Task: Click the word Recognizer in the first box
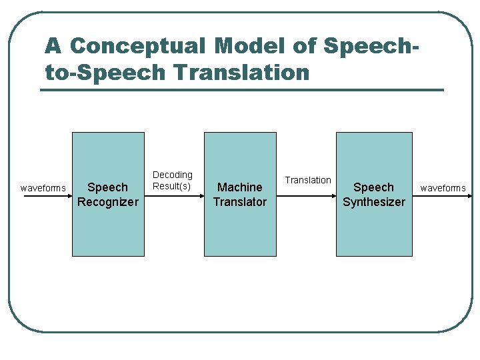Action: [x=108, y=202]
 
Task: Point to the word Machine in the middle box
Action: [x=240, y=187]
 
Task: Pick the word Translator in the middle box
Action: [x=240, y=202]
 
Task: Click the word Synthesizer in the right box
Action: [x=373, y=202]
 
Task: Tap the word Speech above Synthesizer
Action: [x=373, y=187]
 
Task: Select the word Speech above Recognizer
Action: [x=108, y=187]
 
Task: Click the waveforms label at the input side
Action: [x=43, y=188]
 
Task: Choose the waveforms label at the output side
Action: [x=443, y=188]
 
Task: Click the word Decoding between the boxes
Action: [x=173, y=175]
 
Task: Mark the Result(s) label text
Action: [x=172, y=186]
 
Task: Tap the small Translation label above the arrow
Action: [x=308, y=180]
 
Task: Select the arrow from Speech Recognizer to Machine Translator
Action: [x=173, y=195]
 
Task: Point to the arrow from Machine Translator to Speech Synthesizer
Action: [x=307, y=195]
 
